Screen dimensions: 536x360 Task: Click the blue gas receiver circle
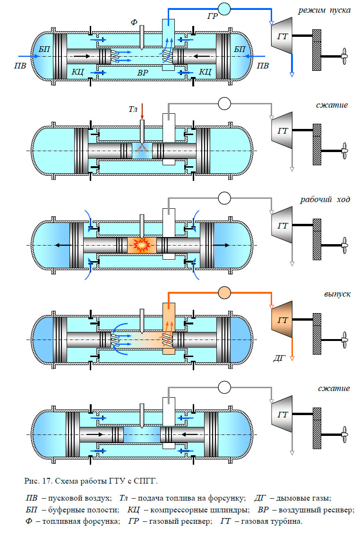pos(224,9)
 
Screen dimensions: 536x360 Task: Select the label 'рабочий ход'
pos(326,199)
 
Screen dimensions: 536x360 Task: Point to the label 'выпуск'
pos(337,294)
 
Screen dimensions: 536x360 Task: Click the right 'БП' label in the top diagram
pos(240,49)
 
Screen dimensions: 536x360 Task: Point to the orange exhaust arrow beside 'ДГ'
pos(292,350)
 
